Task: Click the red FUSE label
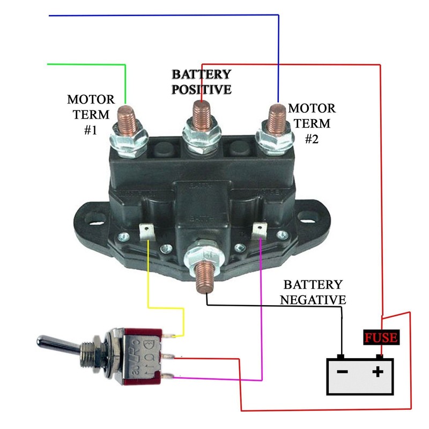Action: [x=381, y=338]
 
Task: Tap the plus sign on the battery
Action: [x=379, y=371]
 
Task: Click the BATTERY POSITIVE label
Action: [x=201, y=82]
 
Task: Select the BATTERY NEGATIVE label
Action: [x=313, y=291]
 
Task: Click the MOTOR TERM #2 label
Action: [x=312, y=123]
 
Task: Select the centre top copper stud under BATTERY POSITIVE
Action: [x=201, y=114]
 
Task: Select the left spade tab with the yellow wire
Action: [x=146, y=232]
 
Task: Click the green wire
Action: [x=86, y=65]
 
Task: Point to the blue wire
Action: [x=161, y=16]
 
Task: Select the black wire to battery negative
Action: [x=279, y=306]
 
